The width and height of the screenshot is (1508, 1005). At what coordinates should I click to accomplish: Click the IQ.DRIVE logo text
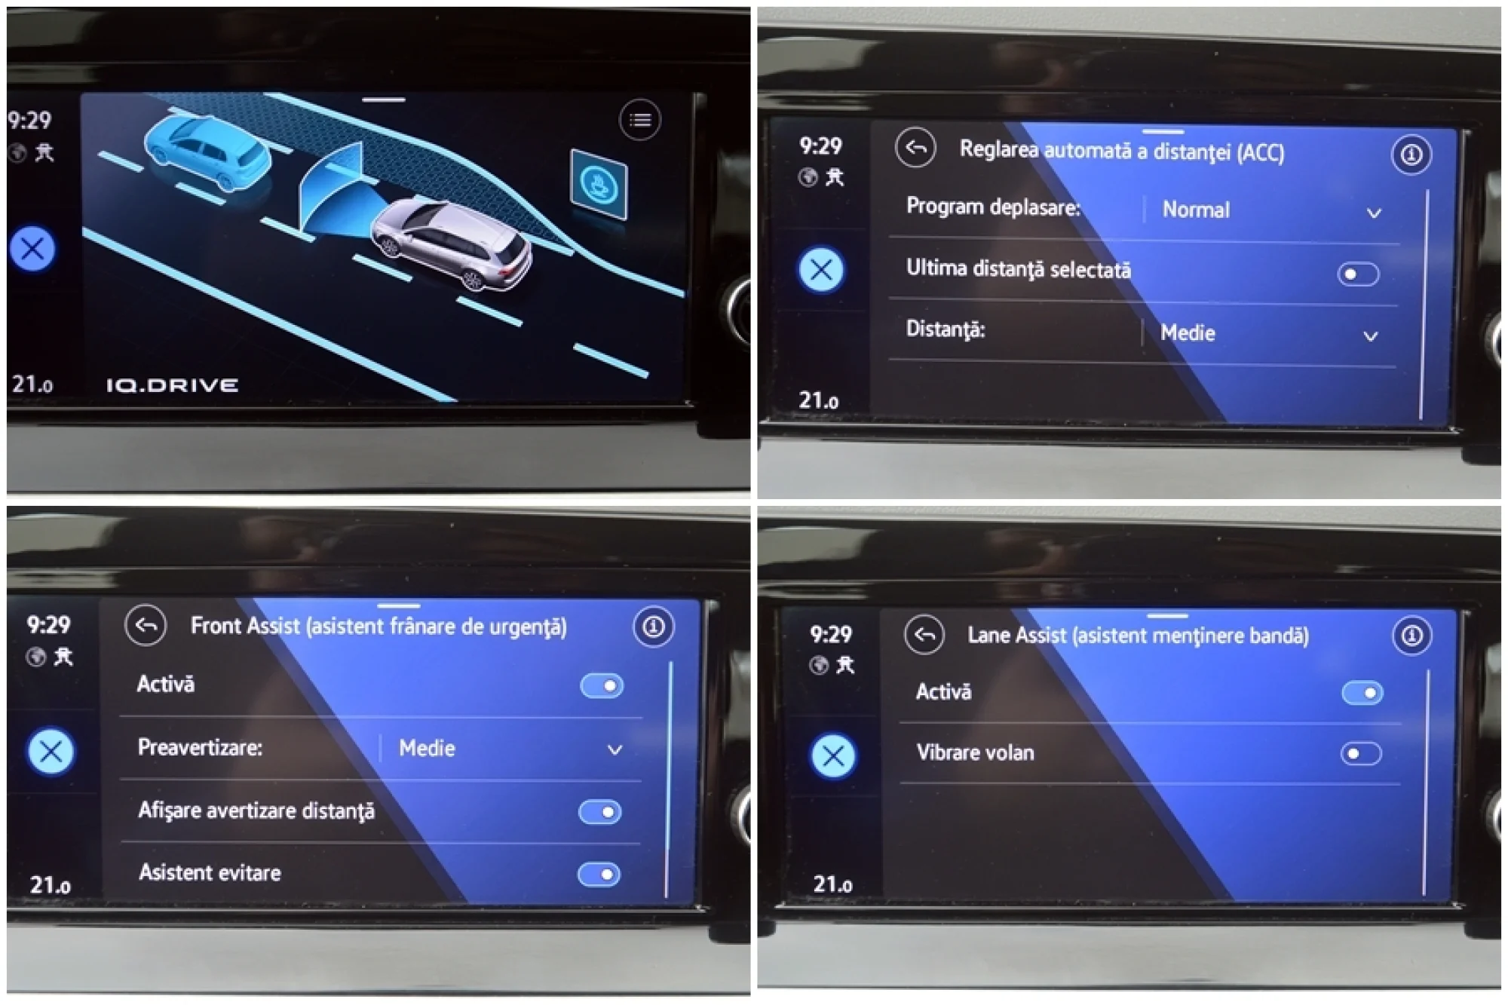tap(172, 385)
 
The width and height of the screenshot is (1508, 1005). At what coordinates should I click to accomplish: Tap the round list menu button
tap(640, 120)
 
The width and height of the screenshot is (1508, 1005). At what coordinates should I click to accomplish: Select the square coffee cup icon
tap(599, 185)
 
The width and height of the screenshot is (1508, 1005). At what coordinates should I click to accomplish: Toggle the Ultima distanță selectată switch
tap(1358, 274)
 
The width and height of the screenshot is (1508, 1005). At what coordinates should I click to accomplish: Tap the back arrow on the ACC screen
tap(915, 148)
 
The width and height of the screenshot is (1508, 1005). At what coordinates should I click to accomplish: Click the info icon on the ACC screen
tap(1411, 155)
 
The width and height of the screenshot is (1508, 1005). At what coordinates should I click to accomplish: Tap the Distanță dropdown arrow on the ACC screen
tap(1371, 336)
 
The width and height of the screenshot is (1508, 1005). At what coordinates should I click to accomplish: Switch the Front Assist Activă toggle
tap(602, 686)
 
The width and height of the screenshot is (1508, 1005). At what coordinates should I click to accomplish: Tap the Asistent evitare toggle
tap(599, 875)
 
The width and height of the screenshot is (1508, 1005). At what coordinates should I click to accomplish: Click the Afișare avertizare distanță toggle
tap(600, 812)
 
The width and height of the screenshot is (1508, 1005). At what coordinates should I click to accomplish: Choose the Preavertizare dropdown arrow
tap(615, 750)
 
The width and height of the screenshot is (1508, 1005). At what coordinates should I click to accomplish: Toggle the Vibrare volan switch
tap(1361, 753)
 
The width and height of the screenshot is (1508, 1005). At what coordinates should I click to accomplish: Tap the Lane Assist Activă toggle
tap(1362, 693)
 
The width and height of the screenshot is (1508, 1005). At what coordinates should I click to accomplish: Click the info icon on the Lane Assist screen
tap(1411, 636)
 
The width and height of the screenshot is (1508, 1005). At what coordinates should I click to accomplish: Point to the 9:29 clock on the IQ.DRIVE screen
tap(29, 120)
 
